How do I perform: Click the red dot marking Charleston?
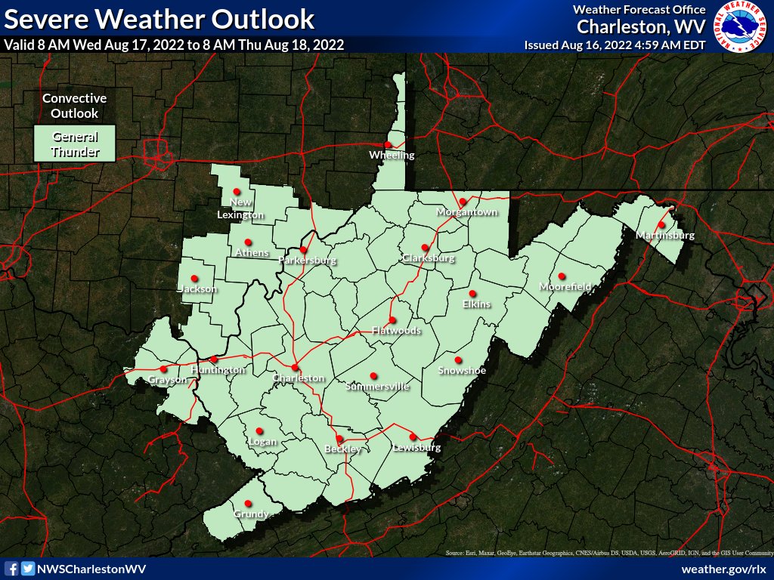pos(295,367)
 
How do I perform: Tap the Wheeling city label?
pos(392,156)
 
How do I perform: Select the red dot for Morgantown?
pos(463,201)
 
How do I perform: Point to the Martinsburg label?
pos(664,236)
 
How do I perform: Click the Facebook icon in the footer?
pos(12,569)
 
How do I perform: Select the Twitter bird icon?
pos(28,569)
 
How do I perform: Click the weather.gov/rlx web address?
pos(723,569)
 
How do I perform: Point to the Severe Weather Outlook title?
pos(159,18)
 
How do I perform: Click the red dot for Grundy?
pos(247,504)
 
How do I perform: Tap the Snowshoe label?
pos(462,370)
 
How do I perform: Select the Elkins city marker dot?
pos(472,294)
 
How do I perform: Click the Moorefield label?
pos(565,287)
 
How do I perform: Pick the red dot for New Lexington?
pos(237,191)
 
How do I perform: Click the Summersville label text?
pos(376,387)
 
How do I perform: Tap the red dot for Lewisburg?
pos(413,437)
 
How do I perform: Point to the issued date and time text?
pos(615,45)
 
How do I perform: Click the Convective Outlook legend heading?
pos(74,106)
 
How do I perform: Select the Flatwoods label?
pos(396,330)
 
